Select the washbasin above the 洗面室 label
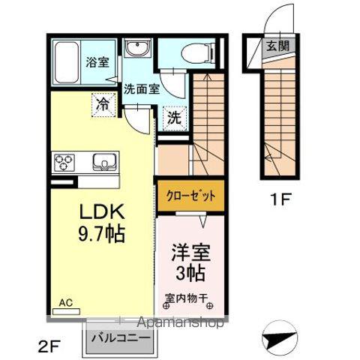click(x=138, y=50)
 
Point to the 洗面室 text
click(x=141, y=88)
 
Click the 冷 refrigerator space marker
click(x=102, y=104)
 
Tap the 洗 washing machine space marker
click(x=173, y=117)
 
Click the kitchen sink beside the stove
click(x=102, y=161)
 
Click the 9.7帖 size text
click(x=97, y=234)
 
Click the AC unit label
click(x=66, y=303)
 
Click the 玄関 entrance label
click(x=274, y=45)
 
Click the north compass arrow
click(x=280, y=338)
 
